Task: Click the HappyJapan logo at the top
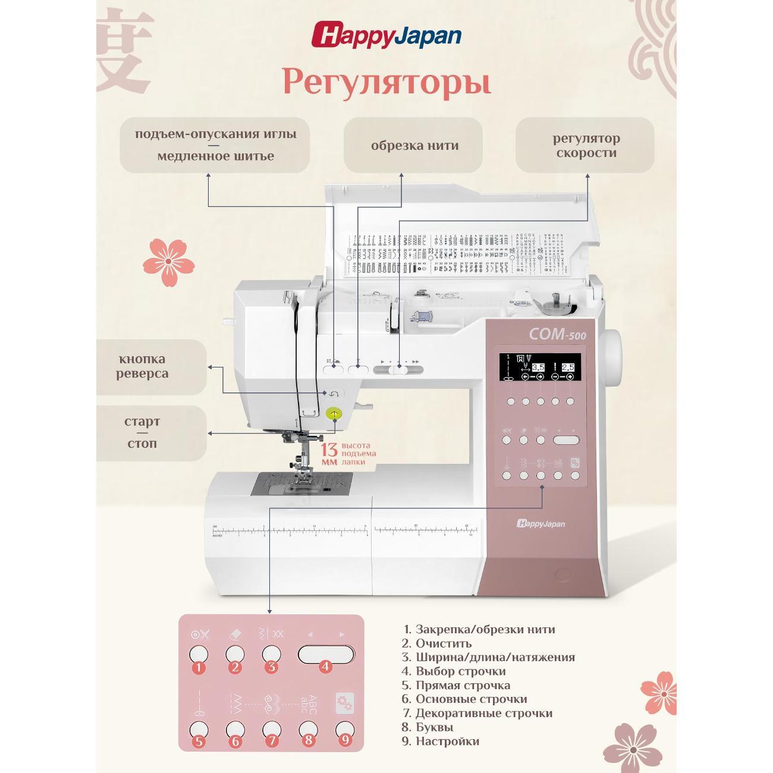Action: [x=386, y=35]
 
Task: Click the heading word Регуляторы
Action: [x=386, y=81]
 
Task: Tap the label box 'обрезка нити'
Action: [x=413, y=145]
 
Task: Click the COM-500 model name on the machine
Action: [x=557, y=335]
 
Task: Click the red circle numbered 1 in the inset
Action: [x=199, y=667]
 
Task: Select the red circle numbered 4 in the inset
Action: [x=325, y=667]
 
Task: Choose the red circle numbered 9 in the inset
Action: [x=345, y=741]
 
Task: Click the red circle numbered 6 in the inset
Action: [x=235, y=741]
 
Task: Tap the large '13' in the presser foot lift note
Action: [x=329, y=450]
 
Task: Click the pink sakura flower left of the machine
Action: [x=169, y=262]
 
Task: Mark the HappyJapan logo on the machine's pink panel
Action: [x=541, y=523]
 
